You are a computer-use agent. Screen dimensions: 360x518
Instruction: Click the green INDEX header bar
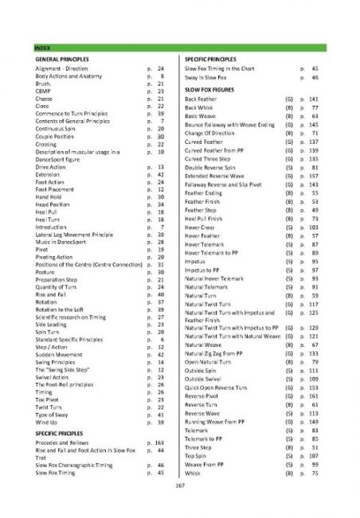click(179, 49)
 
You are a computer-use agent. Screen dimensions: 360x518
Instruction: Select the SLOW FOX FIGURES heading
click(212, 89)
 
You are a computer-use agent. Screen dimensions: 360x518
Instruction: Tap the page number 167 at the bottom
click(180, 485)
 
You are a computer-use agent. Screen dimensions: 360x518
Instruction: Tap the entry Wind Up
click(47, 422)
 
